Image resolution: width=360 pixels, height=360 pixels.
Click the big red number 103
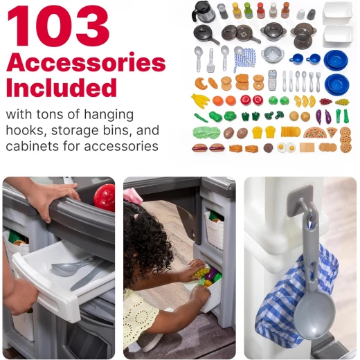[58, 26]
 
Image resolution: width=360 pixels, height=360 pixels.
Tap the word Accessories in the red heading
[86, 62]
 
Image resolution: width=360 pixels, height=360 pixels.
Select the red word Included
[62, 87]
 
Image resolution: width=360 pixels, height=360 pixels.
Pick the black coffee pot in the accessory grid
[204, 11]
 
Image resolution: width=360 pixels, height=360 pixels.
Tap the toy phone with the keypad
[272, 80]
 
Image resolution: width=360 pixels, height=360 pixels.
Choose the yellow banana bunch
[200, 100]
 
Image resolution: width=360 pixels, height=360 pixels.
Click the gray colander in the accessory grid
[273, 55]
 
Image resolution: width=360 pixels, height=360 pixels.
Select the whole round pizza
[315, 133]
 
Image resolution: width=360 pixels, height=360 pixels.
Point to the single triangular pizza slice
[332, 132]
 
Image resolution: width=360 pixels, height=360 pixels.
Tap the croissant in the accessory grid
[200, 84]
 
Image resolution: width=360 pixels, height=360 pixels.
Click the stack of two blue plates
[336, 60]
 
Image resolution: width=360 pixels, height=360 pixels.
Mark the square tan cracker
[307, 147]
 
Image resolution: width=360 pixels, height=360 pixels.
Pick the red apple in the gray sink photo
[105, 198]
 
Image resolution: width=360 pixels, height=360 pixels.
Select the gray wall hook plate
[300, 200]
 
